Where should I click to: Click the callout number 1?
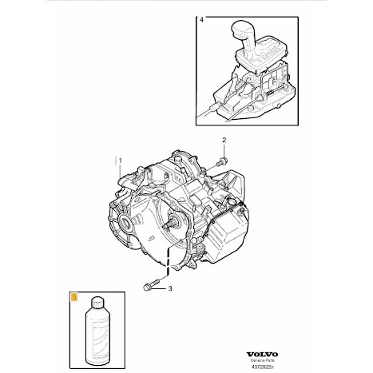click(121, 161)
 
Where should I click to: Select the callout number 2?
click(224, 140)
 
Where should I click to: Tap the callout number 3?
click(170, 288)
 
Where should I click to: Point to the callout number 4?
click(201, 20)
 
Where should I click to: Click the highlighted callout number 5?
click(73, 297)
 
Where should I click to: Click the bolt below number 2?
click(222, 161)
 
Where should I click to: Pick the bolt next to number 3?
click(151, 284)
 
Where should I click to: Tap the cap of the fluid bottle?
click(97, 303)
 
